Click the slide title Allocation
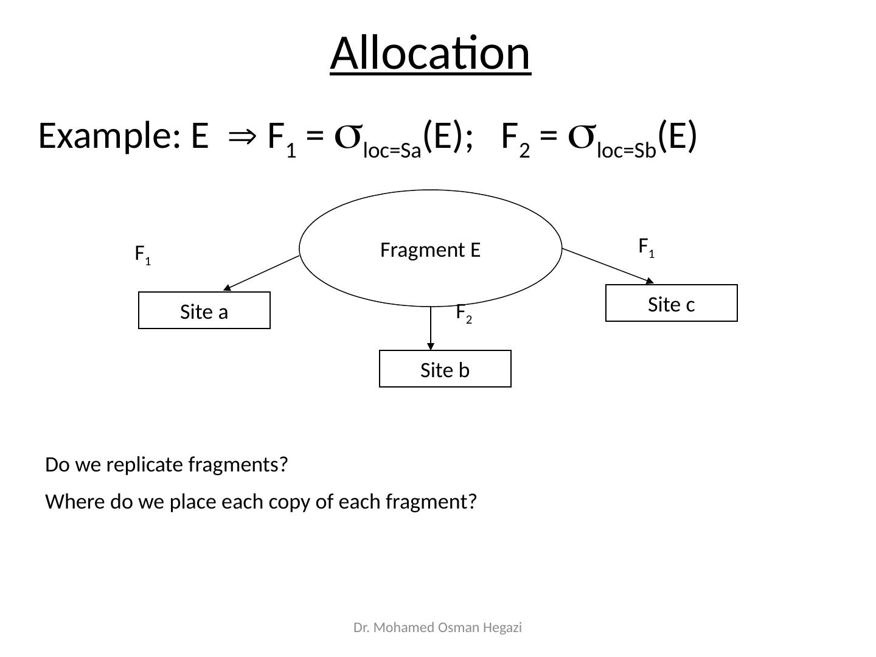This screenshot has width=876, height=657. pos(430,54)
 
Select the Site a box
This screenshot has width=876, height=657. pos(204,311)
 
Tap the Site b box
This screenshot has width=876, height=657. pos(445,369)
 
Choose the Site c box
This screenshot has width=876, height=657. pos(671,304)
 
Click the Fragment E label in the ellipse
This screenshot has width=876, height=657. pos(430,250)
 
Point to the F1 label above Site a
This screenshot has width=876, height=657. pos(142,254)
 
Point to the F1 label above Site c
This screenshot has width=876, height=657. pos(646,247)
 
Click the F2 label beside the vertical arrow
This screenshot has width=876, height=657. pos(464,313)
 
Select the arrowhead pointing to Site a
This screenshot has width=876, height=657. pos(226,288)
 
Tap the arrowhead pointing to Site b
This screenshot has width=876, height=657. pos(431,346)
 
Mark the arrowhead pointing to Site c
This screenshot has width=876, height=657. pos(649,281)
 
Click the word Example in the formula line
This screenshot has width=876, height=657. pos(106,136)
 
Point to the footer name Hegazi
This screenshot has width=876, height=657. pos(504,628)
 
